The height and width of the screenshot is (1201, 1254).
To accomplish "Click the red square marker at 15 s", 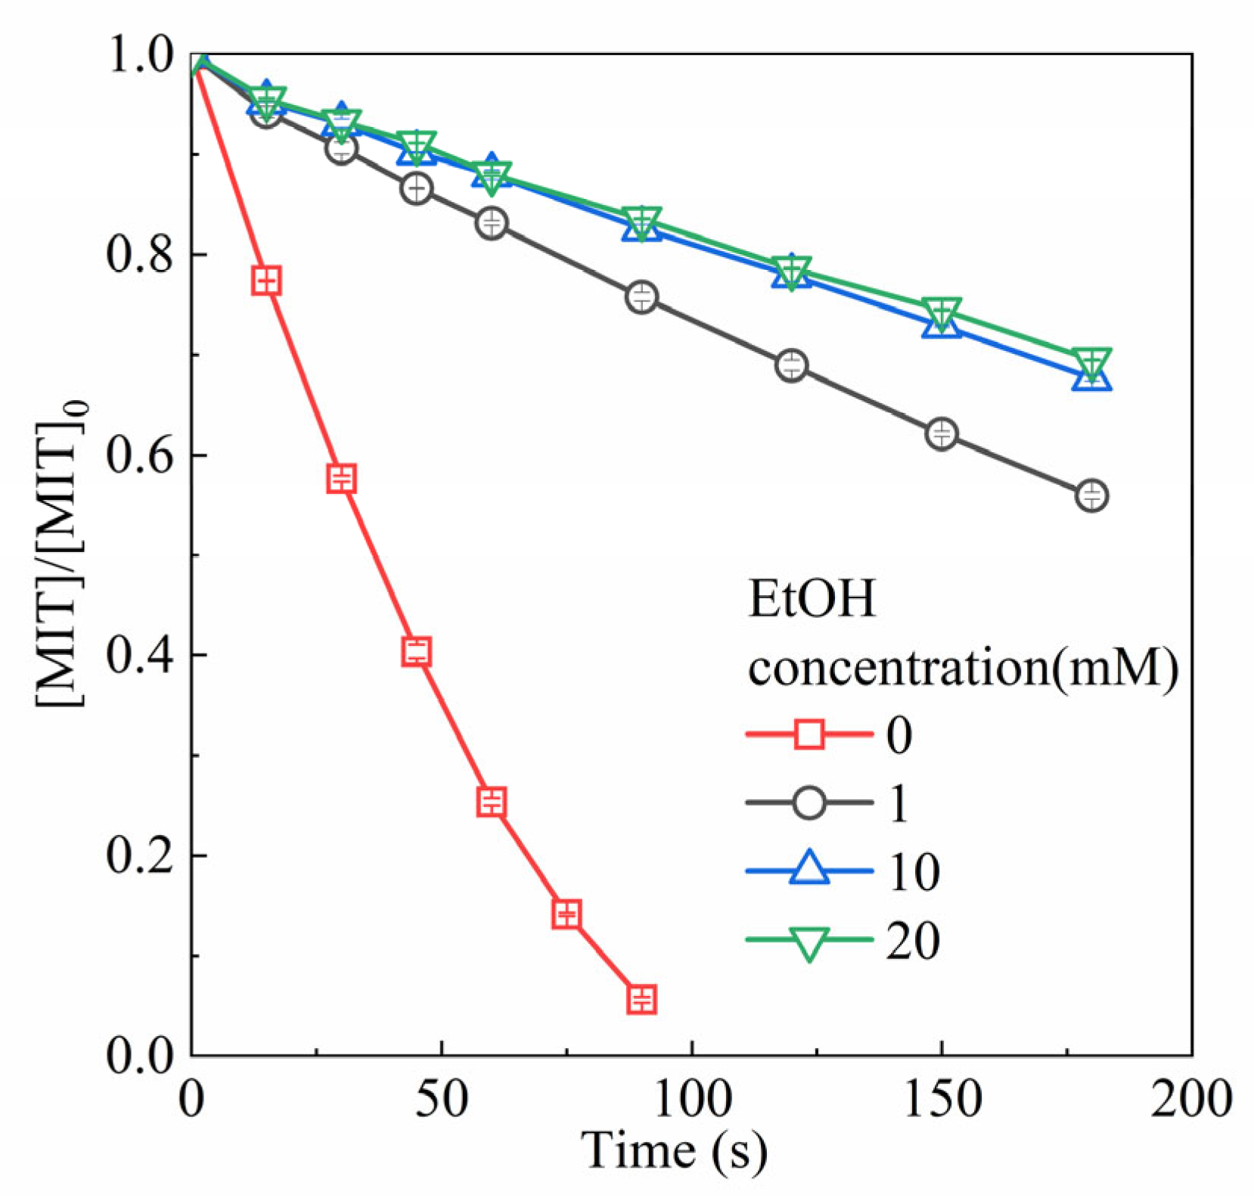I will pos(266,281).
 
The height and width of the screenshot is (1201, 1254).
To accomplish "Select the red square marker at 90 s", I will pos(641,999).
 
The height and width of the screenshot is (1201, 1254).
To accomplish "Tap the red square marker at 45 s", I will pos(417,650).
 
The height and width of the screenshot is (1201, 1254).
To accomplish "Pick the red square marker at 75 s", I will pos(566,914).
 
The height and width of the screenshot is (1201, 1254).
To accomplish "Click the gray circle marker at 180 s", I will pos(1091,495).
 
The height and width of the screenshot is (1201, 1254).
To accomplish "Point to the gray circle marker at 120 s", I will pos(791,365).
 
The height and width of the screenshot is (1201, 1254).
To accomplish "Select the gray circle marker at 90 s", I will pos(641,296).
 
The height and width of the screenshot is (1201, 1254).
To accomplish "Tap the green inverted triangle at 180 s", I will pos(1091,362).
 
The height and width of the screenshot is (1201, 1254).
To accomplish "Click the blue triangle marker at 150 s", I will pos(942,324).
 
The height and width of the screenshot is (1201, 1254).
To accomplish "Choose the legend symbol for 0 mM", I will pos(809,734).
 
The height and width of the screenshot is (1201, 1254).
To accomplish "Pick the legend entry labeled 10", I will pos(913,872).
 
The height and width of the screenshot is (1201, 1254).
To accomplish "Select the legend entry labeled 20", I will pos(913,941).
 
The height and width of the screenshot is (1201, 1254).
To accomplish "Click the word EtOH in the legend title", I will pos(811,599).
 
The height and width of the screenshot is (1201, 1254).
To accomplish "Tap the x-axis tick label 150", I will pos(942,1097).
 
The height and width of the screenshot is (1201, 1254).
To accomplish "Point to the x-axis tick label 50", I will pos(442,1097).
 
